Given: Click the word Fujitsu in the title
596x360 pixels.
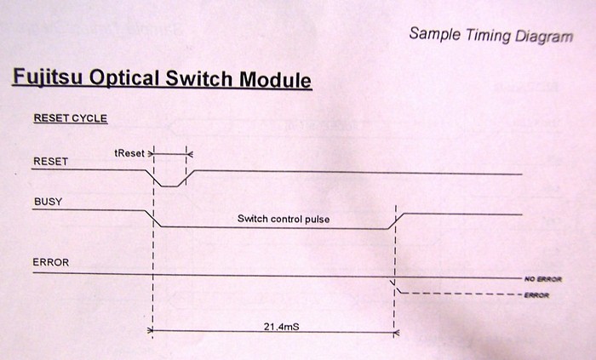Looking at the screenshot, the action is click(x=48, y=77).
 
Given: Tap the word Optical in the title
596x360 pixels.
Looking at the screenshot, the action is click(x=124, y=78).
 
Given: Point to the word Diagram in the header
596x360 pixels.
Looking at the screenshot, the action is click(x=544, y=37).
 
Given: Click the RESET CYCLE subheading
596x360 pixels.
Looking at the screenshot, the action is click(x=71, y=118).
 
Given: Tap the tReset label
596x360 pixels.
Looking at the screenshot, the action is click(x=129, y=153).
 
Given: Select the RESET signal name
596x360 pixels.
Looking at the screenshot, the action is click(x=50, y=162).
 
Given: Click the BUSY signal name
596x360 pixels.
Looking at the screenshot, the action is click(x=48, y=202).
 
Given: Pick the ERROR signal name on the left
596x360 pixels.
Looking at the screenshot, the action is click(x=51, y=262).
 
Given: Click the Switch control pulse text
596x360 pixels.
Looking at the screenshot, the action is click(x=284, y=219).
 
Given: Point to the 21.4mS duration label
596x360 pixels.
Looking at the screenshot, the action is click(x=281, y=326).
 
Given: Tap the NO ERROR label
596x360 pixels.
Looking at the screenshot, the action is click(x=543, y=279).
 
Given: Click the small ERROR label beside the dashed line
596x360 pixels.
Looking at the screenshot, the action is click(x=536, y=295).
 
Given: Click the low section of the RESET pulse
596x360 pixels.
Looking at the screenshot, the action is click(x=169, y=186).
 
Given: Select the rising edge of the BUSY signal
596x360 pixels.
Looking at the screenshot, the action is click(x=396, y=221).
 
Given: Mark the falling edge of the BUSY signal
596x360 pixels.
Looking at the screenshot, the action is click(x=153, y=219).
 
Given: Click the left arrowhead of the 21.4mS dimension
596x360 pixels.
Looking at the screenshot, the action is click(x=150, y=330).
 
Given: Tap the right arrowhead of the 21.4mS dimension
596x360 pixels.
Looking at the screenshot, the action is click(x=396, y=333).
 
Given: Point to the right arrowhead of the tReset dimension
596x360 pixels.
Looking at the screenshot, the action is click(x=190, y=154).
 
